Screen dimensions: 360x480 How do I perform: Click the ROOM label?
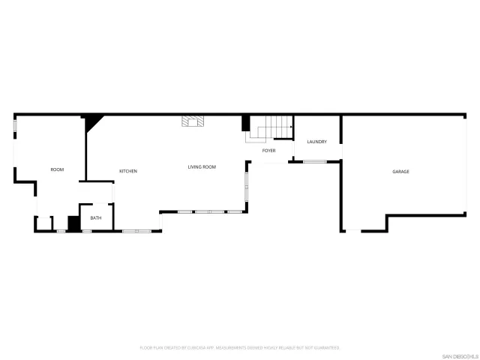point(57,170)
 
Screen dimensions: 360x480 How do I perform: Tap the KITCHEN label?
point(128,172)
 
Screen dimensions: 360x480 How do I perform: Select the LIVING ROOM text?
point(202,167)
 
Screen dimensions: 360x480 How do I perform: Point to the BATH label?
point(96,218)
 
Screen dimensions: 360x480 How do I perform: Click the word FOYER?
point(268,151)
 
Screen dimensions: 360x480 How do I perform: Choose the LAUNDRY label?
point(316,142)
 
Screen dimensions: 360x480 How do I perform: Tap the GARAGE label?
point(400,172)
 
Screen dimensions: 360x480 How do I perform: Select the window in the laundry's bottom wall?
point(314,161)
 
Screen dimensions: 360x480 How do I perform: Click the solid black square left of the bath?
point(73,223)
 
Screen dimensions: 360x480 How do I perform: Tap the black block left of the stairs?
point(245,124)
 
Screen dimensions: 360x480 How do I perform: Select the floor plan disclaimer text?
point(240,347)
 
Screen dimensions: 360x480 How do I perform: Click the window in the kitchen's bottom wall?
point(136,230)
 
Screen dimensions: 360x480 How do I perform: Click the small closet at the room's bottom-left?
point(44,223)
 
